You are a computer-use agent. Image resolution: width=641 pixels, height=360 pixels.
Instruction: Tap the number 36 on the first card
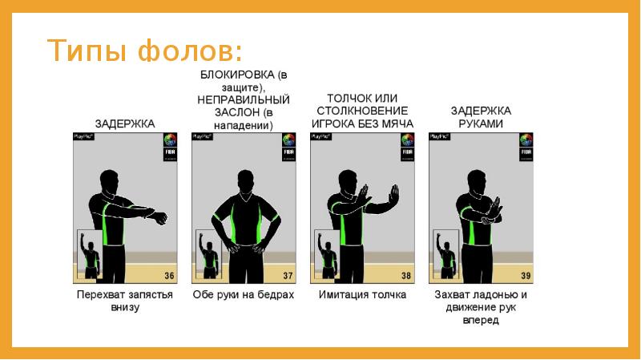[169, 276]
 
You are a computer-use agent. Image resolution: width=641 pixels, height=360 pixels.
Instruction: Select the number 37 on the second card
[288, 276]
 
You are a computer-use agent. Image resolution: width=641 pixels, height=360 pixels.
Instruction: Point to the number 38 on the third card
[406, 276]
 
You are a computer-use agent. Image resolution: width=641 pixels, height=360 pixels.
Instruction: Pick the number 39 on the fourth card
[525, 276]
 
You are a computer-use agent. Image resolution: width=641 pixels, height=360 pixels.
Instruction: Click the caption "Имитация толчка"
[362, 294]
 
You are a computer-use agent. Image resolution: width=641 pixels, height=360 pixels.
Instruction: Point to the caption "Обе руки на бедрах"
[244, 294]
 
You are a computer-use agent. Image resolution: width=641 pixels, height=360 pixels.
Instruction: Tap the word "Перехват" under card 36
[99, 294]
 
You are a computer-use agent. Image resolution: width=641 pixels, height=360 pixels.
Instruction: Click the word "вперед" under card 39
[481, 320]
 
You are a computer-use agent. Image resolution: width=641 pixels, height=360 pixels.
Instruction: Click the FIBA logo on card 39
[526, 149]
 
